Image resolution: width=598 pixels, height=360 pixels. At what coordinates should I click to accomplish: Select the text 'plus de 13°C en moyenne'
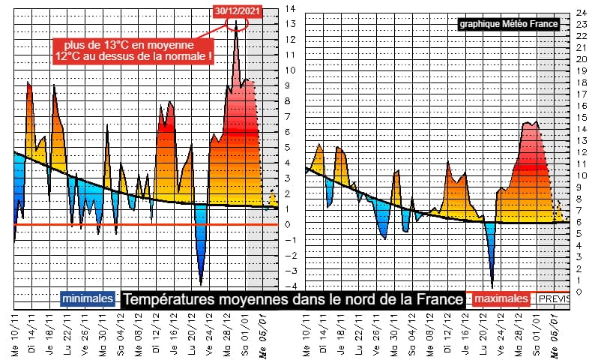tap(133, 44)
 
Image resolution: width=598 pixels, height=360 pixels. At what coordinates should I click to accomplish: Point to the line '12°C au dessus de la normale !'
tap(133, 56)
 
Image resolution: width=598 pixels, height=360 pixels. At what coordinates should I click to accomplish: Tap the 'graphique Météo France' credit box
tap(510, 24)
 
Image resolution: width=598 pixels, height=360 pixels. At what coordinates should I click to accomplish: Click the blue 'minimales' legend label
tap(88, 299)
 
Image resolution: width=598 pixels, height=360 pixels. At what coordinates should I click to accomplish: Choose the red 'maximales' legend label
tap(499, 299)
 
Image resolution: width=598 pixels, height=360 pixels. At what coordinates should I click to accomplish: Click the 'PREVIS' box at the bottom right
tap(554, 299)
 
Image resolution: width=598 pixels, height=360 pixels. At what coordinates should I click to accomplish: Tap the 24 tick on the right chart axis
tap(580, 13)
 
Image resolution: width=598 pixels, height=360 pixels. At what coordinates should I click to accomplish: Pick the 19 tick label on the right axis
tap(580, 70)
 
